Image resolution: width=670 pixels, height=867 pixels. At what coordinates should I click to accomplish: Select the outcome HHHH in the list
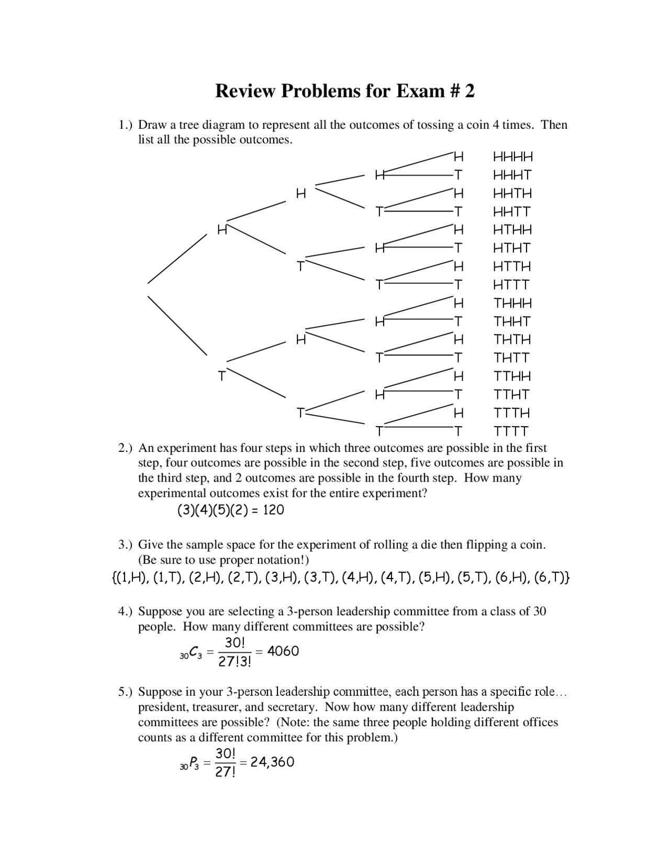pyautogui.click(x=513, y=157)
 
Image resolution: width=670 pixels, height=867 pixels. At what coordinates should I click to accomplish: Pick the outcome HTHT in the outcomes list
pyautogui.click(x=512, y=248)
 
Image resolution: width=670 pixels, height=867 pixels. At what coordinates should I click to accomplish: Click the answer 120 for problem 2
pyautogui.click(x=273, y=510)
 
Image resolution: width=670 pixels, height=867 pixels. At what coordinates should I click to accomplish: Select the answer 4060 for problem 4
pyautogui.click(x=283, y=651)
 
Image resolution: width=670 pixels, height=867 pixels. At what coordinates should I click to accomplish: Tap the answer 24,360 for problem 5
pyautogui.click(x=272, y=762)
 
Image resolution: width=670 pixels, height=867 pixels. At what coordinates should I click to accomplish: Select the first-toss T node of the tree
pyautogui.click(x=222, y=376)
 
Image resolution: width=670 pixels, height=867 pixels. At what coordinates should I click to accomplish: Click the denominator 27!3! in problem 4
pyautogui.click(x=234, y=662)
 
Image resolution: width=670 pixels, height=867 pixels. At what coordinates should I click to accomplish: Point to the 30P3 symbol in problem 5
pyautogui.click(x=189, y=765)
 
